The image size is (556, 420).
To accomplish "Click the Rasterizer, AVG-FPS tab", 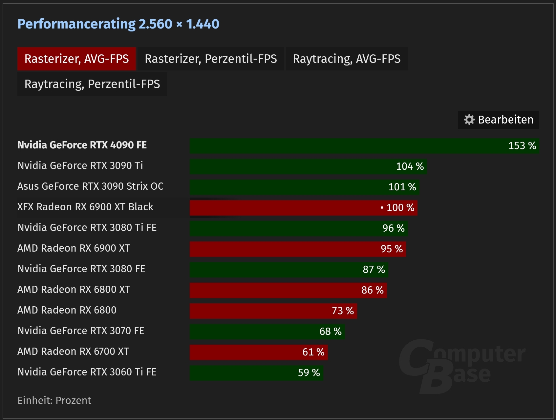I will [76, 59].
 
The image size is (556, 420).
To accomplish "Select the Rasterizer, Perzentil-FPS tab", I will [211, 59].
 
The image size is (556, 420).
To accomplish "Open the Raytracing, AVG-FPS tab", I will [347, 59].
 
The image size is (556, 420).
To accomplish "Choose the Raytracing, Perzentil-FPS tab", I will [92, 84].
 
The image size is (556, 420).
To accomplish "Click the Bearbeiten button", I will [499, 120].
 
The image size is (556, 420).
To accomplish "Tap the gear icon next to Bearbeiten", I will [469, 120].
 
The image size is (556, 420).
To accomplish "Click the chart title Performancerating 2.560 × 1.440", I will [118, 24].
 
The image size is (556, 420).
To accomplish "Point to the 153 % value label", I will [522, 146].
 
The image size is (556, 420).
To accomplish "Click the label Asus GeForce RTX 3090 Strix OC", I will [90, 186].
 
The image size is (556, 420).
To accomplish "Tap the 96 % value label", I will [394, 228].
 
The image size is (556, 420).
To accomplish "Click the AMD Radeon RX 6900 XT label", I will [74, 248].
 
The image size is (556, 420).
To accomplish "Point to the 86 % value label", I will [373, 290].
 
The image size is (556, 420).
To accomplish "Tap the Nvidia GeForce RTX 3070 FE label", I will [81, 331].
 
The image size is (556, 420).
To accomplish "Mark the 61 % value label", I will [313, 352].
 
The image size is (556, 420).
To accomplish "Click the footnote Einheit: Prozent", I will [54, 400].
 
